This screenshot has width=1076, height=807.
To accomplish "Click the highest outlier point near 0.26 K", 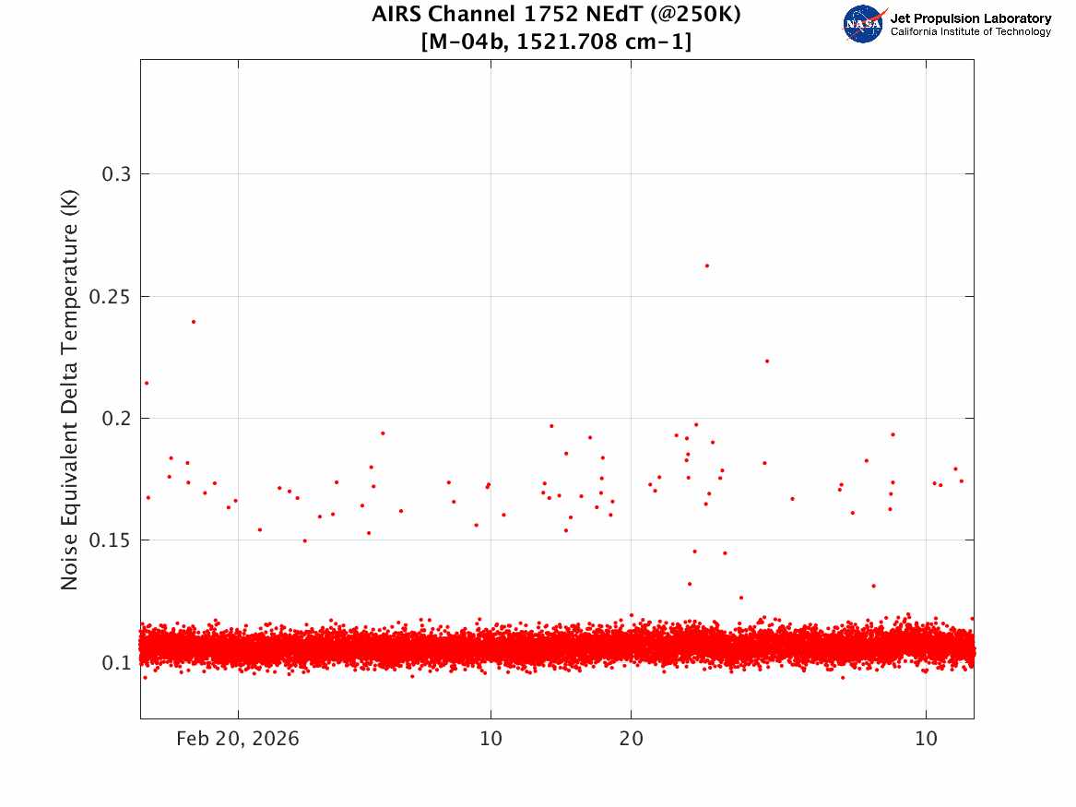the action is pyautogui.click(x=707, y=266).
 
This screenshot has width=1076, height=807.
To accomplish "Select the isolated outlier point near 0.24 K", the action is pyautogui.click(x=194, y=321).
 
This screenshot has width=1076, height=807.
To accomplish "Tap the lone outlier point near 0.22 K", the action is pyautogui.click(x=767, y=361).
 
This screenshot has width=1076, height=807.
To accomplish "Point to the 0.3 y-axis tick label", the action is pyautogui.click(x=116, y=174).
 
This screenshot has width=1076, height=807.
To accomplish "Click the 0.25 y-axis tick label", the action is pyautogui.click(x=110, y=296).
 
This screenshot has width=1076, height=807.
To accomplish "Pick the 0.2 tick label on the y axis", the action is pyautogui.click(x=116, y=418).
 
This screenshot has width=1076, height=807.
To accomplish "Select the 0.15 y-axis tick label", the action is pyautogui.click(x=110, y=540).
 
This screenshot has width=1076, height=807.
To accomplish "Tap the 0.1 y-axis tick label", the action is pyautogui.click(x=116, y=662).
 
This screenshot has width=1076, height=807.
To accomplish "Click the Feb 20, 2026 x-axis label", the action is pyautogui.click(x=238, y=739).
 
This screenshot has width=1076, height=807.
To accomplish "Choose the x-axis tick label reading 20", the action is pyautogui.click(x=632, y=739).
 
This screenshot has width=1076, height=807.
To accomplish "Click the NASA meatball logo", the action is pyautogui.click(x=864, y=24).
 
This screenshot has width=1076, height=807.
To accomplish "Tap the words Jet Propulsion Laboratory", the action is pyautogui.click(x=971, y=18).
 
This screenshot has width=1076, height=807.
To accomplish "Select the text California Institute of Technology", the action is pyautogui.click(x=971, y=31).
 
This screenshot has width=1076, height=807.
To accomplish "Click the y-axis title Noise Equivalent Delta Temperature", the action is pyautogui.click(x=69, y=389).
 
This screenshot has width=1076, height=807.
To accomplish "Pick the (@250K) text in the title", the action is pyautogui.click(x=695, y=15).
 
